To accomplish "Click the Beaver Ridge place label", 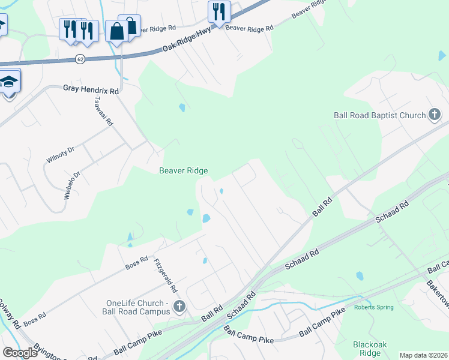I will [183, 171].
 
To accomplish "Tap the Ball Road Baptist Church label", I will [379, 115].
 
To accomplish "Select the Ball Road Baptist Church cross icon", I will [435, 115].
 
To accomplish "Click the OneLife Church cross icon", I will [178, 307].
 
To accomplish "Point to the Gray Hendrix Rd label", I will [91, 89].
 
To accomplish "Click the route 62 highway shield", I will [80, 59].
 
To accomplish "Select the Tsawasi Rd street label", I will [103, 112].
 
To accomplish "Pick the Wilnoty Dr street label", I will [59, 155].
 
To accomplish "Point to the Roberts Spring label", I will [373, 308].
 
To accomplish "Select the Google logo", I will [20, 353].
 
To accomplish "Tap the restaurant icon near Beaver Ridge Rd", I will [218, 12].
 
